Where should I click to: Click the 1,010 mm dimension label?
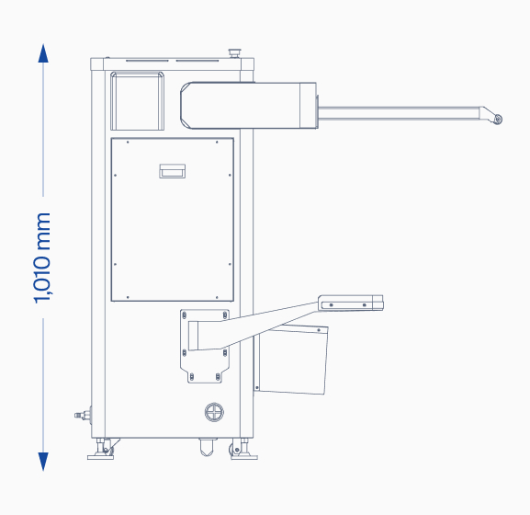[42, 257]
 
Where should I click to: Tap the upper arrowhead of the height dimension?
[43, 53]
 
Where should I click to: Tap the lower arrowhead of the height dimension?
[43, 461]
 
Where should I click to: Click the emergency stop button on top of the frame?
[234, 53]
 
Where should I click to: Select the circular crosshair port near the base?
[214, 412]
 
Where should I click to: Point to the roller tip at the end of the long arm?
[498, 119]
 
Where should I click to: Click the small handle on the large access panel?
[173, 171]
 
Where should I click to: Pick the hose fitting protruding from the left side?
[83, 415]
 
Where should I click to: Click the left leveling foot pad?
[100, 457]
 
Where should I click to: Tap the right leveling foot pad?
[244, 457]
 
